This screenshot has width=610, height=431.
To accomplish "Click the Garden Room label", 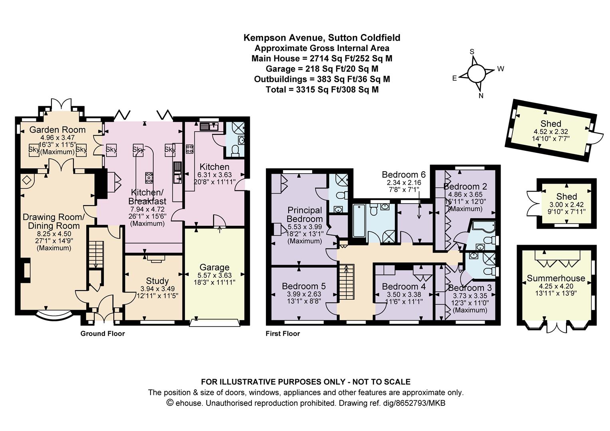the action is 57,130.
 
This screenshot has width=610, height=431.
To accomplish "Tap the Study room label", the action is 157,281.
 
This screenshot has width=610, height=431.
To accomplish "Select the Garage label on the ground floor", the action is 214,267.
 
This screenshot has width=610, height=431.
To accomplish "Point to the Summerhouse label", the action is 556,278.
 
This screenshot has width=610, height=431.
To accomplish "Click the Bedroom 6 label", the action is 404,174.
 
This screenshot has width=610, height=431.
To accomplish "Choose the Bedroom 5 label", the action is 304,286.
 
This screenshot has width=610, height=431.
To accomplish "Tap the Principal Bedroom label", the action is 305,214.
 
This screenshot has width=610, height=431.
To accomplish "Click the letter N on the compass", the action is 481,95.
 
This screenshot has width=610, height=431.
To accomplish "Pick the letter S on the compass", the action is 472,52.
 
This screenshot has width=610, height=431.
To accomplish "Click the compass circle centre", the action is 476,73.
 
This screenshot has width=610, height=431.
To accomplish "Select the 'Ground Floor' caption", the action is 102,334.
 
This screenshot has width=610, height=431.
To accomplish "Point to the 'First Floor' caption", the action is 283,334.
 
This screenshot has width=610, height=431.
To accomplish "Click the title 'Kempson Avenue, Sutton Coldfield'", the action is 322,37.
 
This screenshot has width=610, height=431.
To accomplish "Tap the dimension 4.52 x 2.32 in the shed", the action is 551,132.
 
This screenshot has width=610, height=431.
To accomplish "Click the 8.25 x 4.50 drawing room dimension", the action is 54,233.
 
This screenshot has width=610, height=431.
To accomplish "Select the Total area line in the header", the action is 322,89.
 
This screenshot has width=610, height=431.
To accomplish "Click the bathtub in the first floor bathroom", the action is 358,221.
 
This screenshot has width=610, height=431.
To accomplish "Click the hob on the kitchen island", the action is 149,178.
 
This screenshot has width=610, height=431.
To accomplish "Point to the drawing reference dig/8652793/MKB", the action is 392,403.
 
